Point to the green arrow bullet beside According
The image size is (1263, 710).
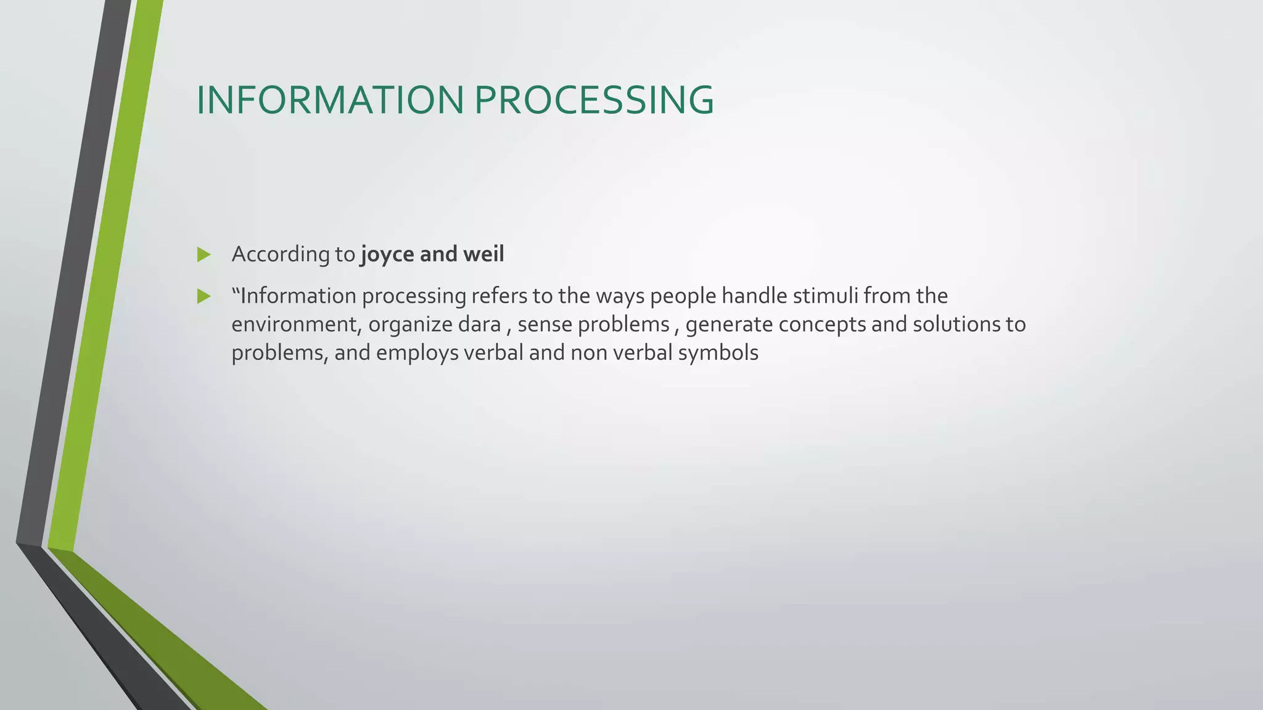point(204,255)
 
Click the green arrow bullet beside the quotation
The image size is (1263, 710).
point(204,296)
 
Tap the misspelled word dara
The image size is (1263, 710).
point(479,324)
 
